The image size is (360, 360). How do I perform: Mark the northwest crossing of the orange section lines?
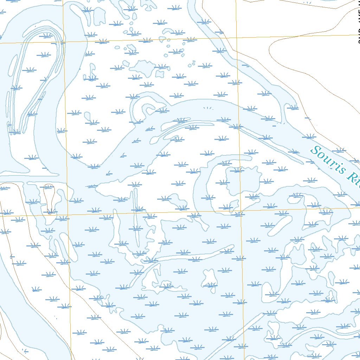[64, 42]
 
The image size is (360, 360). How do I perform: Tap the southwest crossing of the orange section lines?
[68, 214]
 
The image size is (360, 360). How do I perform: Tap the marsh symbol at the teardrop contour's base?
[51, 211]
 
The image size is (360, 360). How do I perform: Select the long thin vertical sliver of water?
[135, 218]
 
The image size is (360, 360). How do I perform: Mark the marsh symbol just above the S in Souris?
[309, 136]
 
